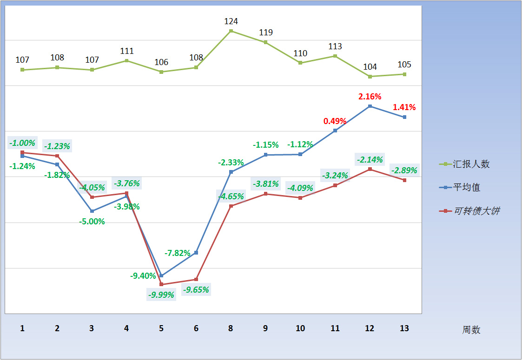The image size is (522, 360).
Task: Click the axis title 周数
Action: (471, 330)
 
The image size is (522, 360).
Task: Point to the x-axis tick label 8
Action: (231, 328)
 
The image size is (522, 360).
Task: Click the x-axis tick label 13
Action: (404, 328)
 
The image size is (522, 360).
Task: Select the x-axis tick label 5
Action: (161, 328)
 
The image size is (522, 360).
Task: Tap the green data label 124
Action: (231, 21)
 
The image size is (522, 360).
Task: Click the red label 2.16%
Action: (370, 97)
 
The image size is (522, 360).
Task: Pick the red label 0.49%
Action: (335, 121)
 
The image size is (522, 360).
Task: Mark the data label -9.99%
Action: (161, 295)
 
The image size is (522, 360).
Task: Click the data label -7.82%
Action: (178, 253)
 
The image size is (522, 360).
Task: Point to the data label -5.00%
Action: (92, 222)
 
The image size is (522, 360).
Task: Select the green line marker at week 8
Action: (231, 31)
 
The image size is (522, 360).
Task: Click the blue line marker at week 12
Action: (370, 106)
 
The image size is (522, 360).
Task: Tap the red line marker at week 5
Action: (161, 284)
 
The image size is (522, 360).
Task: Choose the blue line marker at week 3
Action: (92, 211)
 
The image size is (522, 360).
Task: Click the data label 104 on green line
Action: (370, 67)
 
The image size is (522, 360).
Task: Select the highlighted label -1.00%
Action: (22, 143)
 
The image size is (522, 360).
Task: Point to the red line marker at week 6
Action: (196, 280)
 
